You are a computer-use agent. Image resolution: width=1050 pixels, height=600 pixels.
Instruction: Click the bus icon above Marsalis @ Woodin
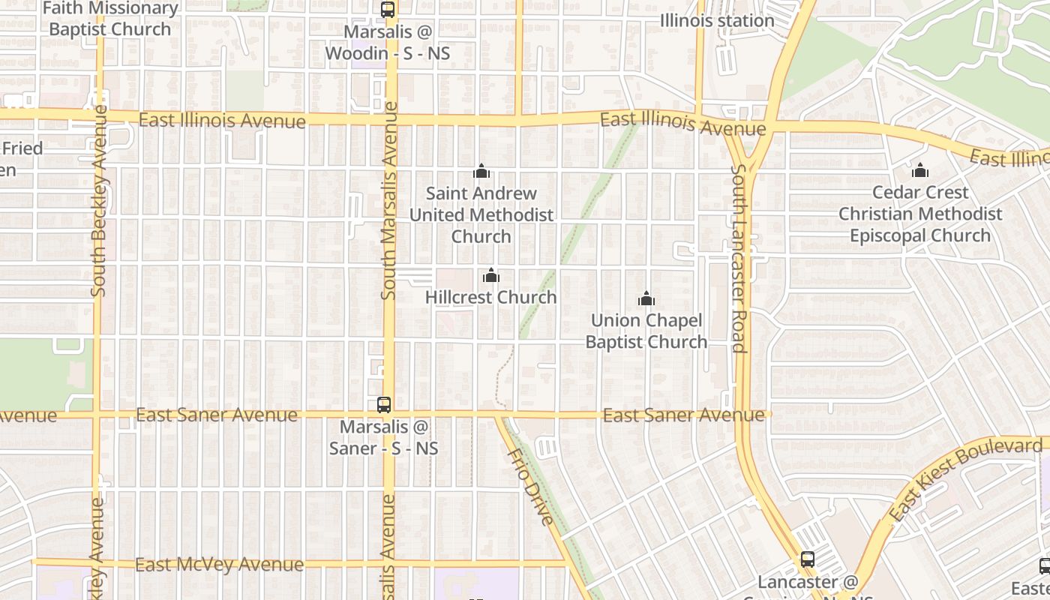(388, 10)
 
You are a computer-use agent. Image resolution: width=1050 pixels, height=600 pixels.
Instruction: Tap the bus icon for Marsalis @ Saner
(384, 405)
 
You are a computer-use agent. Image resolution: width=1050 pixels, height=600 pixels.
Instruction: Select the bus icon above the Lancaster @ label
(807, 559)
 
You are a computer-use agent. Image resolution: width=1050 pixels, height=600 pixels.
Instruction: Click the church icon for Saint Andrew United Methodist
(481, 172)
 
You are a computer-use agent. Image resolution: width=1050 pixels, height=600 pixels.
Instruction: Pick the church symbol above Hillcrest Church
(491, 275)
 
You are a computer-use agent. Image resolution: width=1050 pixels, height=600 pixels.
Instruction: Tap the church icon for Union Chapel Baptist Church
(646, 299)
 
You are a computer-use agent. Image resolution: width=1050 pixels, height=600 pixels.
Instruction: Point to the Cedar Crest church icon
(920, 171)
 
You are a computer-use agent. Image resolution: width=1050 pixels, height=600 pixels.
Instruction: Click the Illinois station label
(717, 20)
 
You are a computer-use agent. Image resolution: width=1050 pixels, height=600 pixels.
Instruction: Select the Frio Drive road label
(530, 487)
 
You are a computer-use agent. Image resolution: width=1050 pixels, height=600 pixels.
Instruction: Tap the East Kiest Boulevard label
(965, 480)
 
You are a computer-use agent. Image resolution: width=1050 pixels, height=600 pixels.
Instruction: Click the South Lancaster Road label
(739, 258)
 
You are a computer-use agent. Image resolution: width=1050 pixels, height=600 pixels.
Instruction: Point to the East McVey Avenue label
(219, 564)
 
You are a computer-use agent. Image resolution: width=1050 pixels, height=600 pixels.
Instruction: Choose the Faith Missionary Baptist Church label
(110, 19)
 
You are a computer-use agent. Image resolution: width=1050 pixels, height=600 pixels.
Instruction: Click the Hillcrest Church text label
(491, 297)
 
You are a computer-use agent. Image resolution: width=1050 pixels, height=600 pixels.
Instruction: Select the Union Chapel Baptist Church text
(646, 331)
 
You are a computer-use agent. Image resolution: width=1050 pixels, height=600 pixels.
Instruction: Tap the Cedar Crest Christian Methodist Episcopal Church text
(920, 214)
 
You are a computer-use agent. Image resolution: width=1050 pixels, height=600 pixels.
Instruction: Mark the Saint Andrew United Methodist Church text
(481, 214)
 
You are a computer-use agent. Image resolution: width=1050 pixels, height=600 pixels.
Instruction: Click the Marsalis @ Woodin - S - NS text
(388, 43)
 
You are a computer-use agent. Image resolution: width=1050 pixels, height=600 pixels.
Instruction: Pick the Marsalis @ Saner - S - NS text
(384, 437)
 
